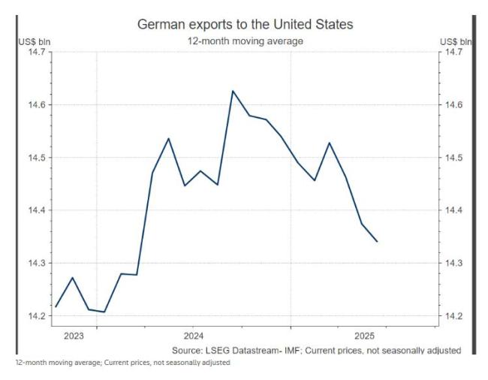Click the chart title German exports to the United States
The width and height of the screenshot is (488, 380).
[x=245, y=25]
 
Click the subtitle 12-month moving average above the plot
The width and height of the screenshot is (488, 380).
[x=245, y=41]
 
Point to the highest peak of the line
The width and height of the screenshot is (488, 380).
[x=233, y=91]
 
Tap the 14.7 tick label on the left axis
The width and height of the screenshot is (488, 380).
[x=35, y=52]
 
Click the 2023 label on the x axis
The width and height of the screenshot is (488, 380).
[x=74, y=335]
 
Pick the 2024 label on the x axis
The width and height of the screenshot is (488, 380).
[x=193, y=335]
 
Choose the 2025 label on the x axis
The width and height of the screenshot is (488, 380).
[x=364, y=335]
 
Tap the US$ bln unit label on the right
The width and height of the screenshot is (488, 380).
[x=456, y=41]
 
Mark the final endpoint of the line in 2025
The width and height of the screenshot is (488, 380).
[x=377, y=242]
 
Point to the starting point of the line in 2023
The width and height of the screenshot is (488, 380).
[x=56, y=306]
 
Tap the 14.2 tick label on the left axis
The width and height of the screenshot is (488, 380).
[x=35, y=316]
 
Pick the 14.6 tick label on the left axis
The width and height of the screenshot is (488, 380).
[x=35, y=105]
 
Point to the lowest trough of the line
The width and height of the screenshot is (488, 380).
[x=104, y=312]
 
